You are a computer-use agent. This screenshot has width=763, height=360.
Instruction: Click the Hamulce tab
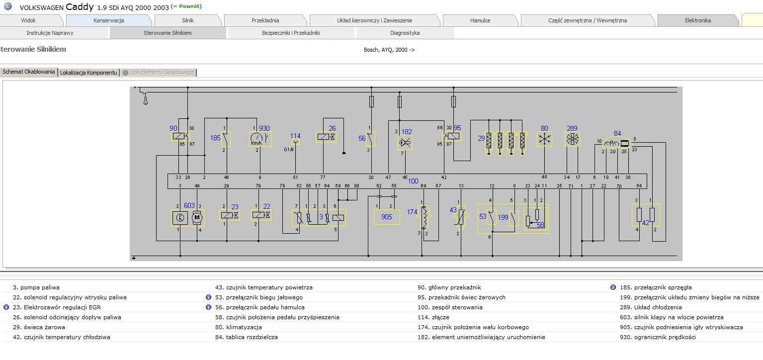click(480, 20)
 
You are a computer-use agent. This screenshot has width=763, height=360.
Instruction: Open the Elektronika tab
click(697, 20)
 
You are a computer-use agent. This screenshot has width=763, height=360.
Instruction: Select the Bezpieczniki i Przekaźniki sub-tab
click(290, 33)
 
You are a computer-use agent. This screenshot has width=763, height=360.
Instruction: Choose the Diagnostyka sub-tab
click(405, 33)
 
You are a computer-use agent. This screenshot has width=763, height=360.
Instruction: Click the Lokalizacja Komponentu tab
click(88, 73)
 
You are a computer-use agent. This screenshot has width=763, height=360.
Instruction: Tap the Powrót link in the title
click(186, 6)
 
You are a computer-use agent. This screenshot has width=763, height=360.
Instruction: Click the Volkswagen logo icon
click(7, 7)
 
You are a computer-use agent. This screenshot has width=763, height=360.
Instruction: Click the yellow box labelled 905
click(387, 217)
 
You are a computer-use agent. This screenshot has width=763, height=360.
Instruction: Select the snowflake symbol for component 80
click(545, 139)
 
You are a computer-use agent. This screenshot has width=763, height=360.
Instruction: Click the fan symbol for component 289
click(572, 139)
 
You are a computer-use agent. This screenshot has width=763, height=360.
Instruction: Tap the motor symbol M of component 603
click(197, 217)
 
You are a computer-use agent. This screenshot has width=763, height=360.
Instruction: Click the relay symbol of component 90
click(179, 137)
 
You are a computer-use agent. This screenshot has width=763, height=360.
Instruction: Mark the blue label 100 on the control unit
click(413, 181)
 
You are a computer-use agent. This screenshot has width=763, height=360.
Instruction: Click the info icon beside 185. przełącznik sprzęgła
click(613, 287)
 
